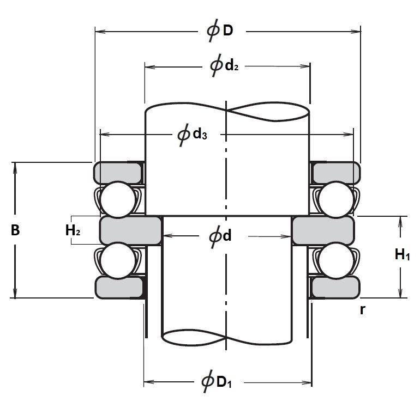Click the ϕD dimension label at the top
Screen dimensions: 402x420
click(x=220, y=31)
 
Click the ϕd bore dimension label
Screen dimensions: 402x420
click(x=220, y=236)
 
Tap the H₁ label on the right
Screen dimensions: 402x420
click(x=402, y=254)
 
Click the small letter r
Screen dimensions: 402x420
click(x=362, y=310)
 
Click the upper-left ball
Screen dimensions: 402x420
click(x=117, y=199)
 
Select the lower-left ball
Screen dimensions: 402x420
click(x=117, y=260)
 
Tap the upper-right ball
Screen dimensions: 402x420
click(x=335, y=199)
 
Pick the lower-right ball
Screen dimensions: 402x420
click(x=335, y=260)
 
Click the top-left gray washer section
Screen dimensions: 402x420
click(x=118, y=173)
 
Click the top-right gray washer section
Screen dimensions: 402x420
click(x=335, y=173)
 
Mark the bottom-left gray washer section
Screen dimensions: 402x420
click(x=119, y=287)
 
